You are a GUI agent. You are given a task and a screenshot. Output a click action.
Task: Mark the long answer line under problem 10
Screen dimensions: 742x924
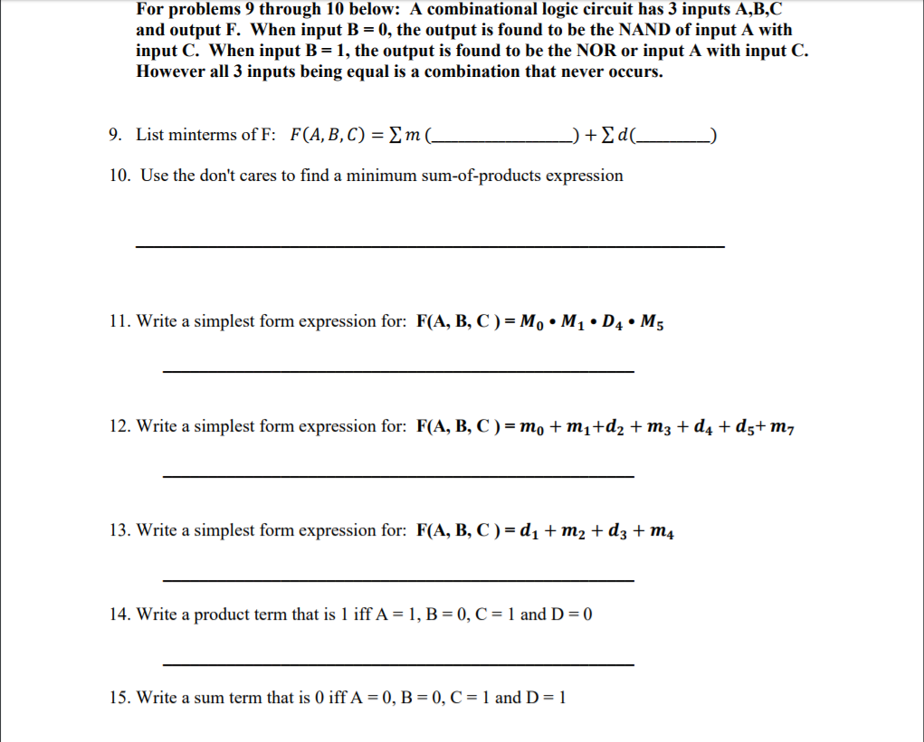tap(430, 246)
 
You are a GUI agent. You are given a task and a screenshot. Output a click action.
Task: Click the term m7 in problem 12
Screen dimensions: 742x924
tap(781, 427)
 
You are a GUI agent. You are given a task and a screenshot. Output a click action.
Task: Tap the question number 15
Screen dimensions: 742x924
tap(118, 698)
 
